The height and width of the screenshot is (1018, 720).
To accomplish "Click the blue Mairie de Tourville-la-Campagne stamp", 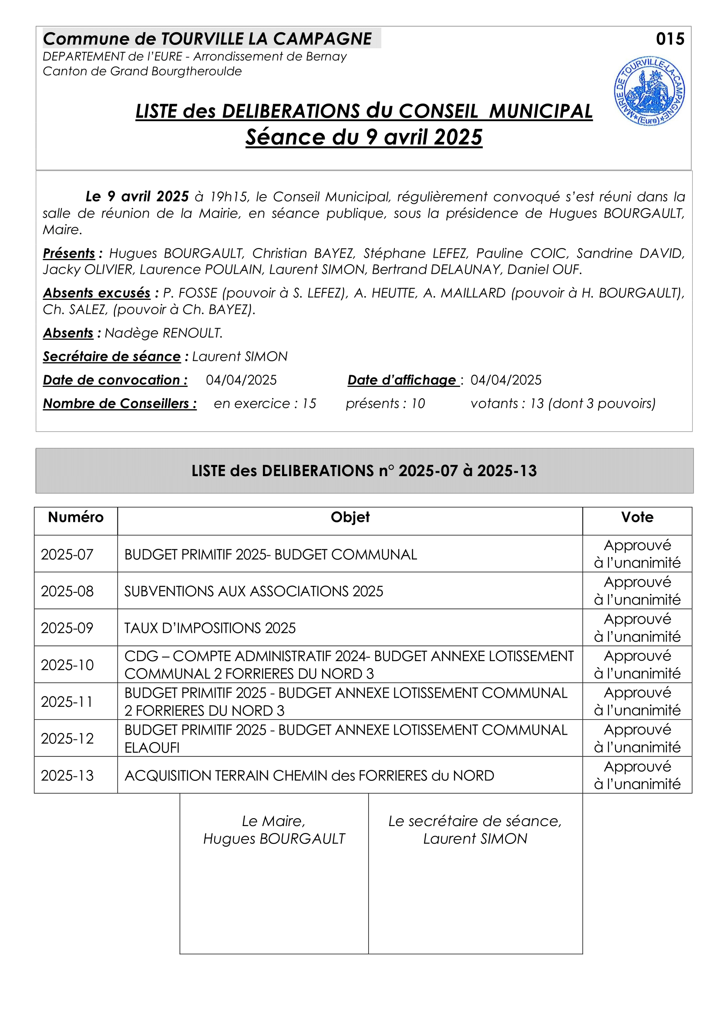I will click(x=649, y=91).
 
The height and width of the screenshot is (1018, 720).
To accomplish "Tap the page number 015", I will click(x=670, y=39).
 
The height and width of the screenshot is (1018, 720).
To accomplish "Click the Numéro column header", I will click(x=76, y=517).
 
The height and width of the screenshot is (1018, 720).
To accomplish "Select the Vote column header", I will click(x=637, y=517).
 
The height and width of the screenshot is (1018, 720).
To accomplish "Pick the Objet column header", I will click(x=350, y=517).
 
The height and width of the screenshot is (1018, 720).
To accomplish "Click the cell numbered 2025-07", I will click(x=67, y=554).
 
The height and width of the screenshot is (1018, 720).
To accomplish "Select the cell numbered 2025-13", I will click(x=67, y=776).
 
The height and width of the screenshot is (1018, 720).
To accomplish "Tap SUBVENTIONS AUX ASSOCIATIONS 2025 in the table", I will click(x=254, y=591).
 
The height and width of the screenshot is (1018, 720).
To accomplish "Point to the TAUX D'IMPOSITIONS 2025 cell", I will click(x=210, y=628).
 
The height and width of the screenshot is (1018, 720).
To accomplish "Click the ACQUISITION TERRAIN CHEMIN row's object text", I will click(x=309, y=776).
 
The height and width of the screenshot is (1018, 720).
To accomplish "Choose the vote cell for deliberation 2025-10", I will click(x=637, y=665).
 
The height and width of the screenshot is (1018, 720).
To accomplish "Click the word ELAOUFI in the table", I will click(x=152, y=748).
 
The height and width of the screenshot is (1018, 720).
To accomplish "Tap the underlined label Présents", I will click(x=69, y=253).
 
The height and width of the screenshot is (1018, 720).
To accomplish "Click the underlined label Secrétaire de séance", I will click(x=112, y=356).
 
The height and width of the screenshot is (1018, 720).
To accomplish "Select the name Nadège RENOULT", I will click(x=164, y=333).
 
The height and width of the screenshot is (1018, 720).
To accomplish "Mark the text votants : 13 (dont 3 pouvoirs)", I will click(x=562, y=403).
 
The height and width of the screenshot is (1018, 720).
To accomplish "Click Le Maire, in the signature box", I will click(x=273, y=821).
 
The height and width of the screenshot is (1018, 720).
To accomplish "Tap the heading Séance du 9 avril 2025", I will click(x=363, y=137).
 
